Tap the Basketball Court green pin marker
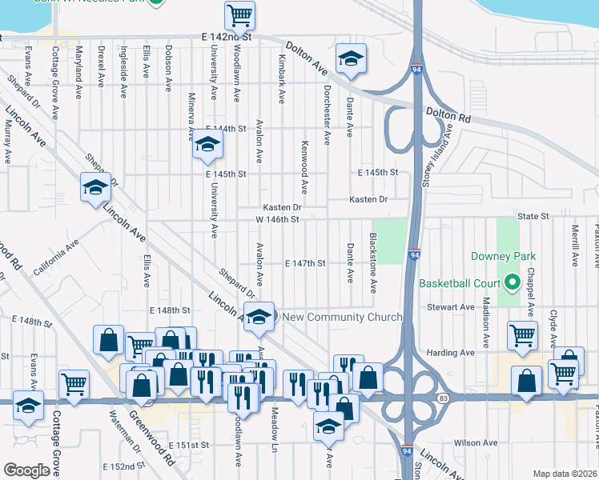tap(513, 282)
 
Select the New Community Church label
tap(342, 318)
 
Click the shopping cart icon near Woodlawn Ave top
tap(239, 14)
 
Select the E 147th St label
tap(306, 263)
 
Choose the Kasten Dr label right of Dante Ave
tap(368, 199)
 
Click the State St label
tap(533, 216)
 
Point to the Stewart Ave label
tap(451, 307)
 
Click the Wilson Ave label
tap(476, 442)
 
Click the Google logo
tap(26, 470)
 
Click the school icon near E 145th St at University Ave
tap(207, 145)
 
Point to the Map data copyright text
tap(565, 474)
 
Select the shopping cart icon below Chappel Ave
tap(521, 335)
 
